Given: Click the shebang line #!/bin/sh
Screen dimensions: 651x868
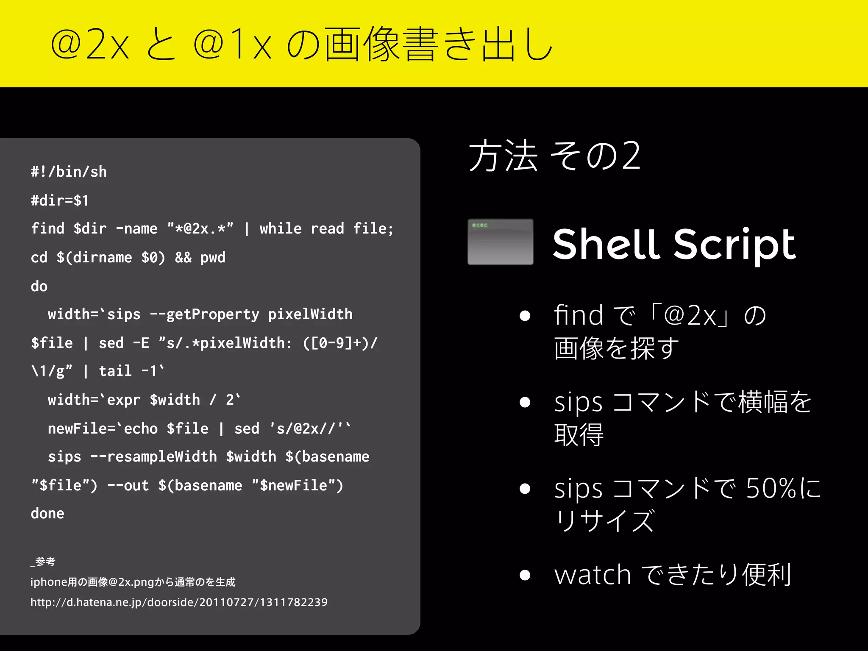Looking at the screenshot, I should point(69,172).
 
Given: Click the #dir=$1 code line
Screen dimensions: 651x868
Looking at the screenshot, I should point(60,200).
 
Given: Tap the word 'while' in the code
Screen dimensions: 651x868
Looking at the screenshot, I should point(280,229).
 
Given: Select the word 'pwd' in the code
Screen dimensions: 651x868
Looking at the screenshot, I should point(213,258).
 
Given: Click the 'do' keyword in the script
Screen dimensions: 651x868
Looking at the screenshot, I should point(39,286).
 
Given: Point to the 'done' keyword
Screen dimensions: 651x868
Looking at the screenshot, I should point(47,514).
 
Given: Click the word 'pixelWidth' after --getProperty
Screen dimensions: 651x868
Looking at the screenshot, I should point(310,314).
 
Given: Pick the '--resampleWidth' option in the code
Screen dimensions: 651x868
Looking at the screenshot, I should point(153,457).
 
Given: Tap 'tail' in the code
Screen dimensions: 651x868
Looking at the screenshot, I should point(115,371).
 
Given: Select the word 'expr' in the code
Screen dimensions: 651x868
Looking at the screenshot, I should point(123,400).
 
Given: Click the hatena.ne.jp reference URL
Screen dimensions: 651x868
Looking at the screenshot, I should point(179,602).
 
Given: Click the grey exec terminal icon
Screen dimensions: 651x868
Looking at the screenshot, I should point(500,242).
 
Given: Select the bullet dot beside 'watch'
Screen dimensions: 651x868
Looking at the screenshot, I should point(525,575).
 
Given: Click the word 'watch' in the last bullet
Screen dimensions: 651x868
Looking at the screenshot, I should point(593,575).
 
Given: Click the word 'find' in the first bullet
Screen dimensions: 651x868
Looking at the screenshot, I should point(578,315).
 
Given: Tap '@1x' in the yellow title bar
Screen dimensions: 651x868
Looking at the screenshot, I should point(232,44).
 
